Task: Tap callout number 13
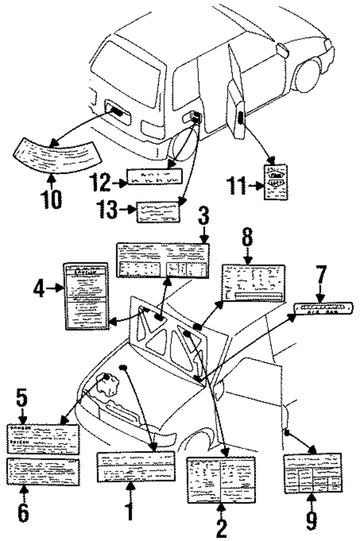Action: (x=107, y=209)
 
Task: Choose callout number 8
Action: (x=247, y=237)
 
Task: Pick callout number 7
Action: (x=321, y=276)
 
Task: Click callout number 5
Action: (x=22, y=399)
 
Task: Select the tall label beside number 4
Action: (x=86, y=296)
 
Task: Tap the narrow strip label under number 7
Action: (x=323, y=308)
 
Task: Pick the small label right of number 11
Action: (x=276, y=182)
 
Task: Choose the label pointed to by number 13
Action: (x=158, y=212)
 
